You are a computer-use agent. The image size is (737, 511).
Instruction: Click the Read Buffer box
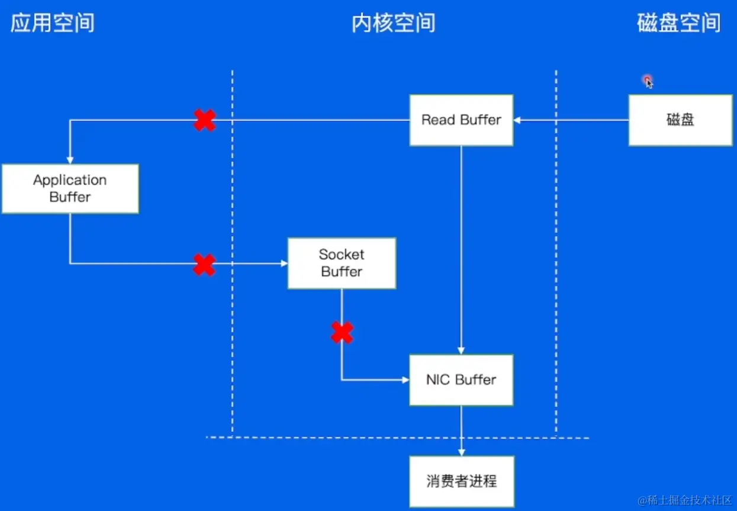461,120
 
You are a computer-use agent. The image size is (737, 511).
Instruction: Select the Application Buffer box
70,189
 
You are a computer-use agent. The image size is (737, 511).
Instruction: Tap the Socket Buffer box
342,263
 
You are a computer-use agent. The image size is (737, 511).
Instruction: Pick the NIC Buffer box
461,380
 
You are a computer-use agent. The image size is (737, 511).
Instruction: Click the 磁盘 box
680,120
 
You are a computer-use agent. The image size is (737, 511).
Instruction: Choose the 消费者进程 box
461,481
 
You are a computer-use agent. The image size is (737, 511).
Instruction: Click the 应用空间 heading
53,23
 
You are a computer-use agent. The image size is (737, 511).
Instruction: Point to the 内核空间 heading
393,23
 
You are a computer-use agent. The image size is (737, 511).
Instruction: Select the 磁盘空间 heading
678,23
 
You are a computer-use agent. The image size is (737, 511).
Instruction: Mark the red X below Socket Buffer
342,333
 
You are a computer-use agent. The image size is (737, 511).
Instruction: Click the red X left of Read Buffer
205,120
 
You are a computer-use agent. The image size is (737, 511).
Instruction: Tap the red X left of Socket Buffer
205,265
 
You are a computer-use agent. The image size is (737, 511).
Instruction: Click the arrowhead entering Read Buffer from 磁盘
517,120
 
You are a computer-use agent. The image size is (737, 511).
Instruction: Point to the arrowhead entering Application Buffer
70,160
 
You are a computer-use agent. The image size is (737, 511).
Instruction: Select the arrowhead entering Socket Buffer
284,263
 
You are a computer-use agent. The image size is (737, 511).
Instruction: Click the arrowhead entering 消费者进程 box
461,452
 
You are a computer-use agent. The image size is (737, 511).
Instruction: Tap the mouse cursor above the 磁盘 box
649,82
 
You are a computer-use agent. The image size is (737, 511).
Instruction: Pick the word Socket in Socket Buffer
342,255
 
